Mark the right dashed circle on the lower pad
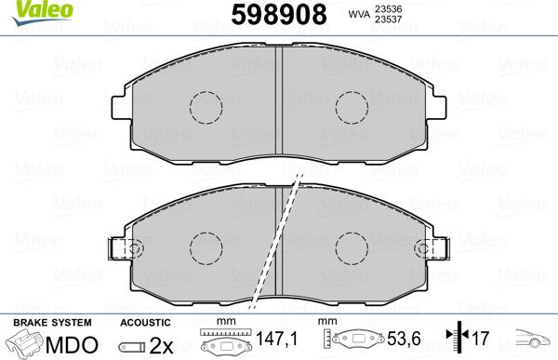[352, 246]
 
